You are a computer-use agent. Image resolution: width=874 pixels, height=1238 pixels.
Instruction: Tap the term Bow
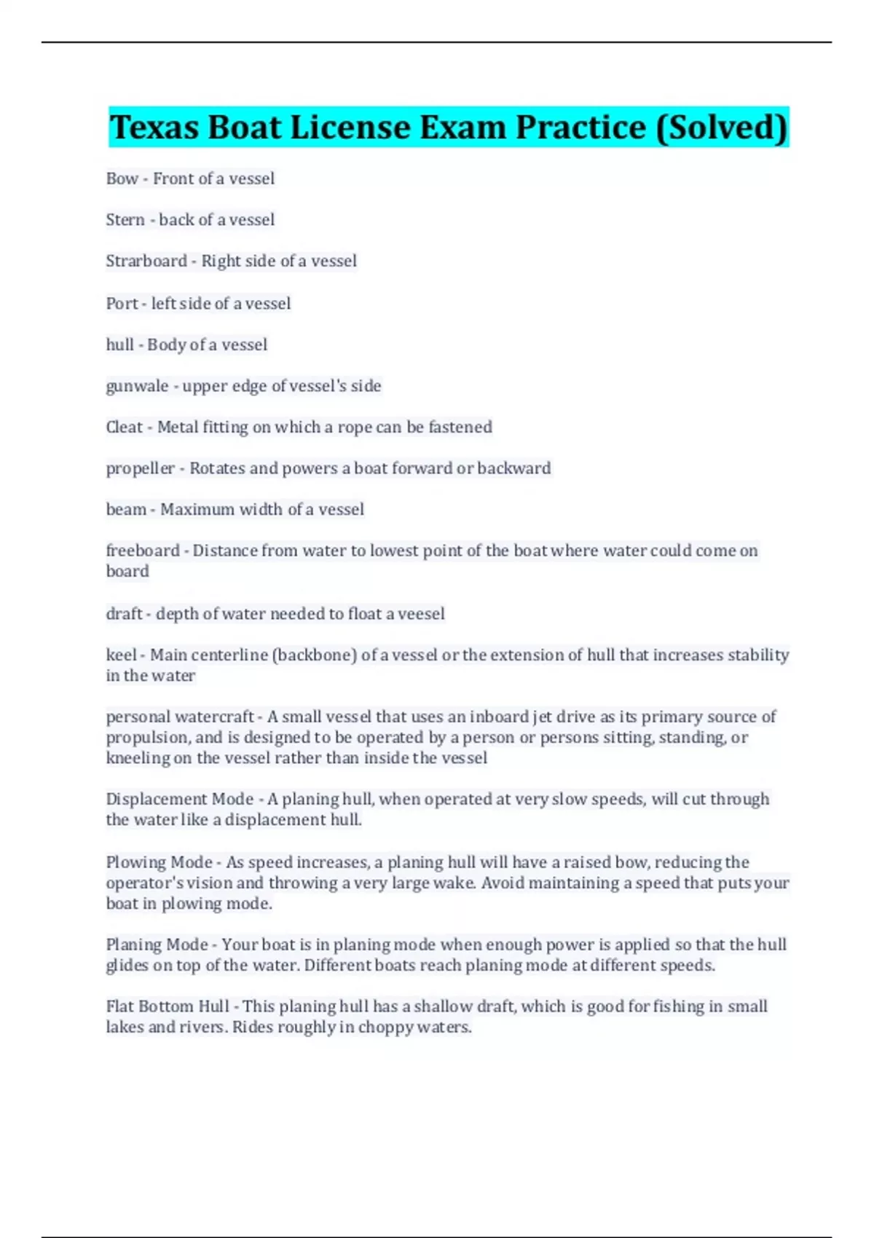[x=122, y=179]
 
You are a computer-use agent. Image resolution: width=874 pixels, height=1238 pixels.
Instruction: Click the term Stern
[x=125, y=220]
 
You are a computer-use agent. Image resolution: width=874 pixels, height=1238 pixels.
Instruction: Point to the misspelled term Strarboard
[x=146, y=261]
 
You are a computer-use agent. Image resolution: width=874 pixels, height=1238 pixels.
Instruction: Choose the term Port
[x=122, y=304]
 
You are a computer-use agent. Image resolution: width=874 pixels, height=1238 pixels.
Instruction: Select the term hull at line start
[x=119, y=344]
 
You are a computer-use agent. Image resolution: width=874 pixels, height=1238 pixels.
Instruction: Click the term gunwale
[x=137, y=386]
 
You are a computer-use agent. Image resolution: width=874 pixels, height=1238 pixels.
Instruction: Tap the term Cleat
[x=125, y=427]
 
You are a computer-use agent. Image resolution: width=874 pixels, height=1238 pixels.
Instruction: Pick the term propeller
[x=141, y=469]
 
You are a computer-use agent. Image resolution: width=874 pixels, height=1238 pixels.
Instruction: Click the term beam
[x=126, y=510]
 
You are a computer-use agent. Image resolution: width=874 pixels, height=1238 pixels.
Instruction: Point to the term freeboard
[x=143, y=551]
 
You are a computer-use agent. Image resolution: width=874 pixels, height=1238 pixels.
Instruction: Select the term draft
[x=124, y=614]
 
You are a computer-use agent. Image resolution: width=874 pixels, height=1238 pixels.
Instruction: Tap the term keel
[x=121, y=655]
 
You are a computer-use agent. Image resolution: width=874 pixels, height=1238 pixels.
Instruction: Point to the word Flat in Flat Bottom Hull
[x=119, y=1007]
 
